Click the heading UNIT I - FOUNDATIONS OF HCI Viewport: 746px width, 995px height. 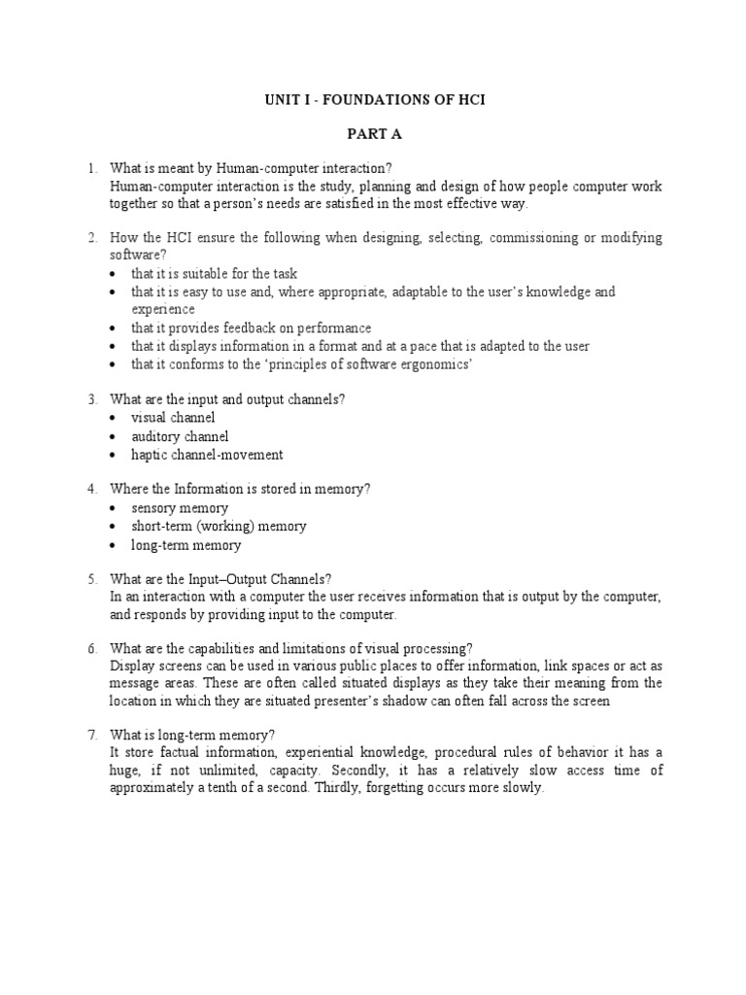tap(375, 101)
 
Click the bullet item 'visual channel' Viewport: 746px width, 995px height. tap(173, 418)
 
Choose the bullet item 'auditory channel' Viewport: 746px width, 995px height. tap(180, 436)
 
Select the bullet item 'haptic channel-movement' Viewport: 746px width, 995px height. tap(207, 455)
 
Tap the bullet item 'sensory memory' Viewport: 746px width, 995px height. tap(180, 508)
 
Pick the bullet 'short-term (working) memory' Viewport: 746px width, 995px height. tap(219, 527)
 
